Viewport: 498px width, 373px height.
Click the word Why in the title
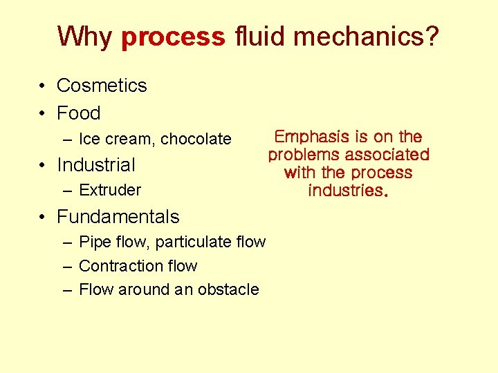click(85, 36)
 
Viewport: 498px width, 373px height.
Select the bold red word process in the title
click(173, 37)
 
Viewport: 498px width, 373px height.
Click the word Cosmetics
click(102, 86)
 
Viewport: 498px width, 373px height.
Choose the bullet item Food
click(79, 113)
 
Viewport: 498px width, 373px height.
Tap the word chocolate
click(196, 139)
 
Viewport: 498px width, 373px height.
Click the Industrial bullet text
click(96, 165)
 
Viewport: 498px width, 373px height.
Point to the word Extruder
click(110, 190)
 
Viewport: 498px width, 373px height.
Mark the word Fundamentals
click(118, 217)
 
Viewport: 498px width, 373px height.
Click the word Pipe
click(93, 242)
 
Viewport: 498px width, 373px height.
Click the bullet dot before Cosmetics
click(43, 86)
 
